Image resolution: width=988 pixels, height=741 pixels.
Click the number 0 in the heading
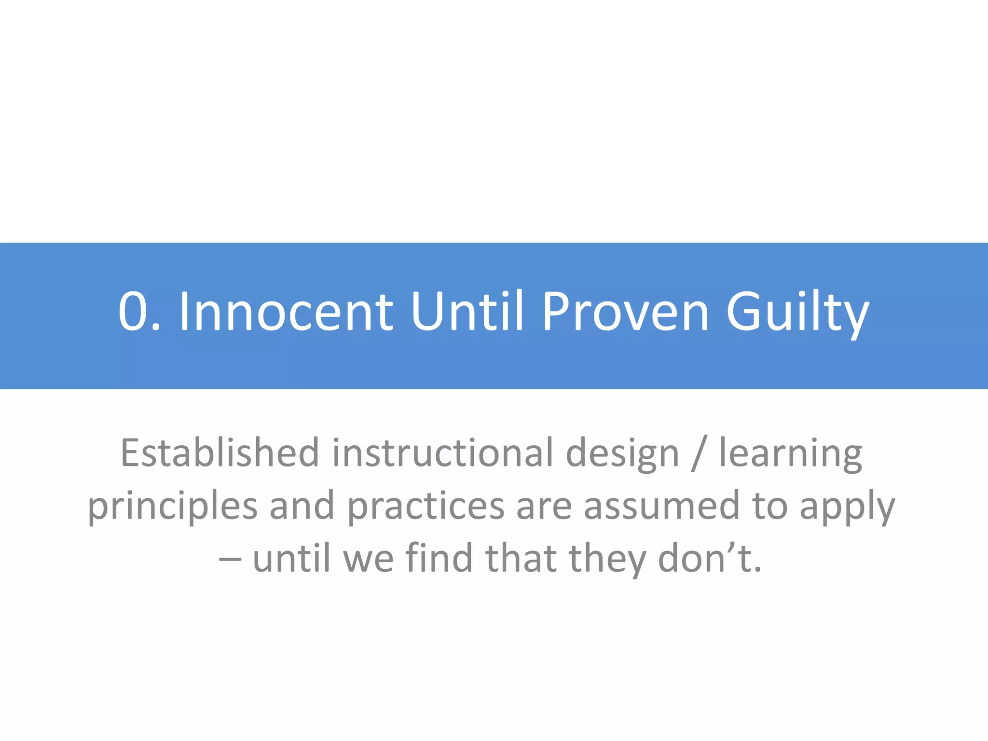133,312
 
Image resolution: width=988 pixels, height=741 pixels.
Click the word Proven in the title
626,312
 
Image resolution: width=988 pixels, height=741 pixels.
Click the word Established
220,453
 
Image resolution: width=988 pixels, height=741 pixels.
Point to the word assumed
661,506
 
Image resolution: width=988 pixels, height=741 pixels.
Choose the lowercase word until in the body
292,558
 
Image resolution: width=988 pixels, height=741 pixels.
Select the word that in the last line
521,558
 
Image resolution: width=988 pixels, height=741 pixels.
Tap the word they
607,559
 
